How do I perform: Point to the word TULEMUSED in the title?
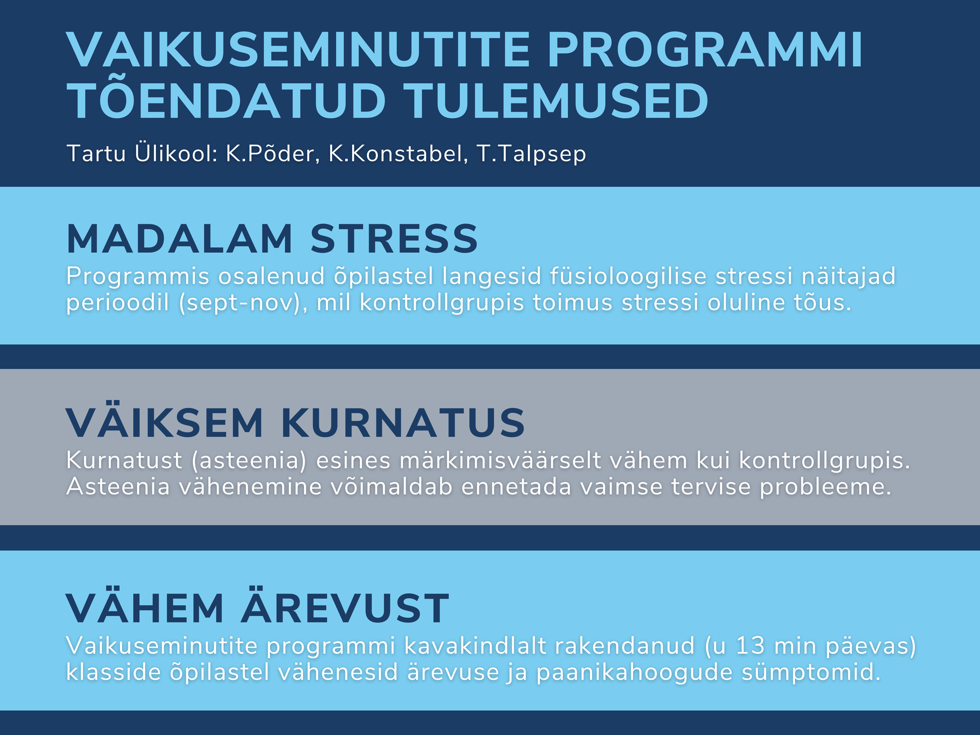click(556, 100)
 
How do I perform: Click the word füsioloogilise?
click(628, 276)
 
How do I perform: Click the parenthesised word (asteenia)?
click(249, 461)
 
